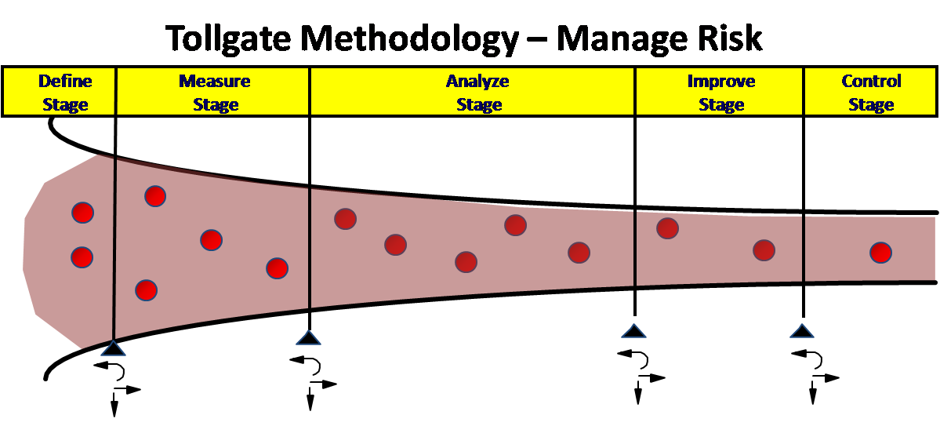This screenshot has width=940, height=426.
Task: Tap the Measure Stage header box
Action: click(x=213, y=93)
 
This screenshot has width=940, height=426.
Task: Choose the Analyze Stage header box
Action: click(x=473, y=93)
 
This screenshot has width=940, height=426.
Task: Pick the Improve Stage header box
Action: click(x=719, y=93)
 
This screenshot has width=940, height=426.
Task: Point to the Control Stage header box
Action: click(x=870, y=93)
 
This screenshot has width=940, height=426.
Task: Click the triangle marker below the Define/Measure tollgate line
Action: click(x=114, y=348)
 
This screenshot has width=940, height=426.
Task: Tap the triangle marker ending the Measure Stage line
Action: click(x=309, y=337)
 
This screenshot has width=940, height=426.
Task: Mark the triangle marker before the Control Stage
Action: click(x=801, y=330)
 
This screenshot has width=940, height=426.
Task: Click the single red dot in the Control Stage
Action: click(x=881, y=253)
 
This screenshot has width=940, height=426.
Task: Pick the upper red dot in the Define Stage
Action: click(x=82, y=212)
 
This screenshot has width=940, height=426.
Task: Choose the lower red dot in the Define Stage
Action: click(x=82, y=257)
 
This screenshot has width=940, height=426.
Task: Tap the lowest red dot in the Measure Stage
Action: click(x=146, y=290)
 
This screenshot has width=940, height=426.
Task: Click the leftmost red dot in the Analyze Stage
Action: click(x=346, y=219)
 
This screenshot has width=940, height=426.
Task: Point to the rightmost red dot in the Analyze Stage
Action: click(x=579, y=253)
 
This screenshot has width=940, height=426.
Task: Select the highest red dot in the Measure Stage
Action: click(x=155, y=196)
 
